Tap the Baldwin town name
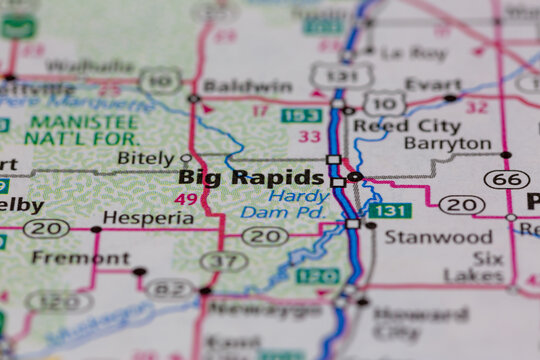pos(247,86)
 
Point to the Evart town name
pos(433,84)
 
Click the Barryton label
pos(449,143)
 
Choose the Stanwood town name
pos(425,237)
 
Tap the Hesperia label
pos(147,218)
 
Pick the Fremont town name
pos(66,257)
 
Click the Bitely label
pos(145,158)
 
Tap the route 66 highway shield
pos(502,179)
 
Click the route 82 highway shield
pos(168,289)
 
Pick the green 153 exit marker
pos(300,116)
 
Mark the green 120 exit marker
pos(318,276)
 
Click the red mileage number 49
pos(187,199)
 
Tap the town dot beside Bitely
pos(185,158)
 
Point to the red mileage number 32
pos(477,107)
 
